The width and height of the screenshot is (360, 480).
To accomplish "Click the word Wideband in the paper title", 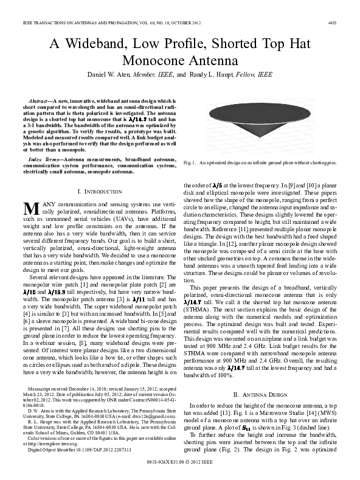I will click(102, 44).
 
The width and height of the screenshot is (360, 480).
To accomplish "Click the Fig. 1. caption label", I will click(190, 163).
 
